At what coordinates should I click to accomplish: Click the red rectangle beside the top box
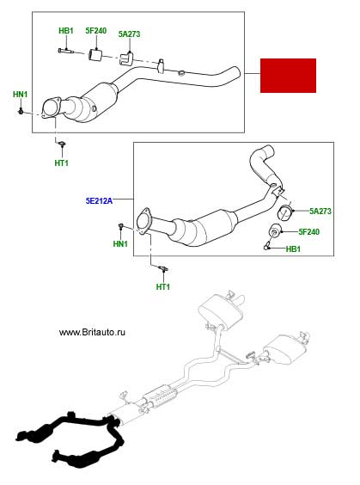click(288, 76)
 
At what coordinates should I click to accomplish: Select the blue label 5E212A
click(99, 201)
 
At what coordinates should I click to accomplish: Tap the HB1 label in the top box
click(66, 31)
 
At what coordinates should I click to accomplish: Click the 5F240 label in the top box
click(95, 31)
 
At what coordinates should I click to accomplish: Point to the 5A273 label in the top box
click(129, 34)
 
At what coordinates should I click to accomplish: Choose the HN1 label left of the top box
click(20, 95)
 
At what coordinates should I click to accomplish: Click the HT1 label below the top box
click(62, 163)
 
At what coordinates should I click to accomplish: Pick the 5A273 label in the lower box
click(320, 212)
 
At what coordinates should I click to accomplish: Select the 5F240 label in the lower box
click(309, 231)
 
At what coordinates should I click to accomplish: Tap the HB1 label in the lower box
click(293, 249)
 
